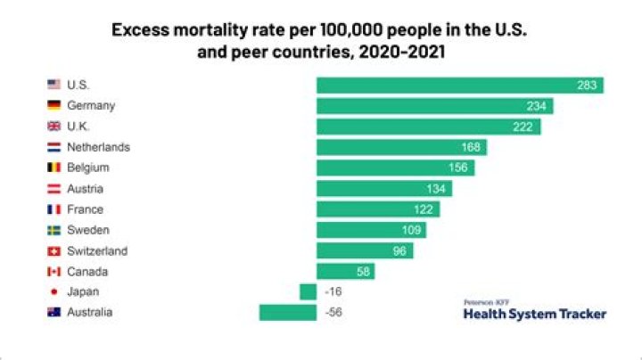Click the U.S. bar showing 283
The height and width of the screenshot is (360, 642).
click(459, 86)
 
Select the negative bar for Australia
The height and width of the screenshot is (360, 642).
click(287, 313)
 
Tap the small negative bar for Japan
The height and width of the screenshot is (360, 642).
click(308, 291)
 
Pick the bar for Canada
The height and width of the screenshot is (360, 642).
click(345, 271)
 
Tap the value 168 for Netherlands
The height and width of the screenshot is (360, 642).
click(471, 147)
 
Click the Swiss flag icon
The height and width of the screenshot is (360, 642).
click(53, 251)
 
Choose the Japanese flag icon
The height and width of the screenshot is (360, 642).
click(53, 291)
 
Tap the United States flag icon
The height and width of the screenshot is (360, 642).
click(53, 86)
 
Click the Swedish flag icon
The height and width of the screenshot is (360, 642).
click(53, 230)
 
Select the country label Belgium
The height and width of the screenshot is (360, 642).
click(88, 168)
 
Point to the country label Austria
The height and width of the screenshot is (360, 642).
click(85, 189)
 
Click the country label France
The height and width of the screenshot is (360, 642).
click(85, 209)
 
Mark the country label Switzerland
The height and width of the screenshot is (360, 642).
click(97, 251)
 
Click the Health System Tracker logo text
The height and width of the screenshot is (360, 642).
click(534, 314)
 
